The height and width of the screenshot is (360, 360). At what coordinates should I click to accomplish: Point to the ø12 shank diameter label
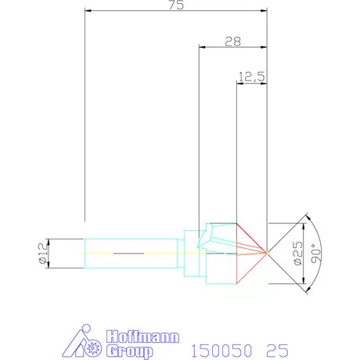tap(44, 252)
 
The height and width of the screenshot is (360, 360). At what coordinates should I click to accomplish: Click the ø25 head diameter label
tap(297, 253)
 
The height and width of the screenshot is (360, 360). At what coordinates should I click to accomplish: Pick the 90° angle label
tap(315, 253)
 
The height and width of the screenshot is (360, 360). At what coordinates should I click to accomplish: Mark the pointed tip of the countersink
tap(268, 252)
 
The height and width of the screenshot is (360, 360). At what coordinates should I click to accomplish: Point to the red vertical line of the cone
tap(237, 252)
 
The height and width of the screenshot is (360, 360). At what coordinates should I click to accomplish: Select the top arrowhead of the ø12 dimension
tap(49, 239)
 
